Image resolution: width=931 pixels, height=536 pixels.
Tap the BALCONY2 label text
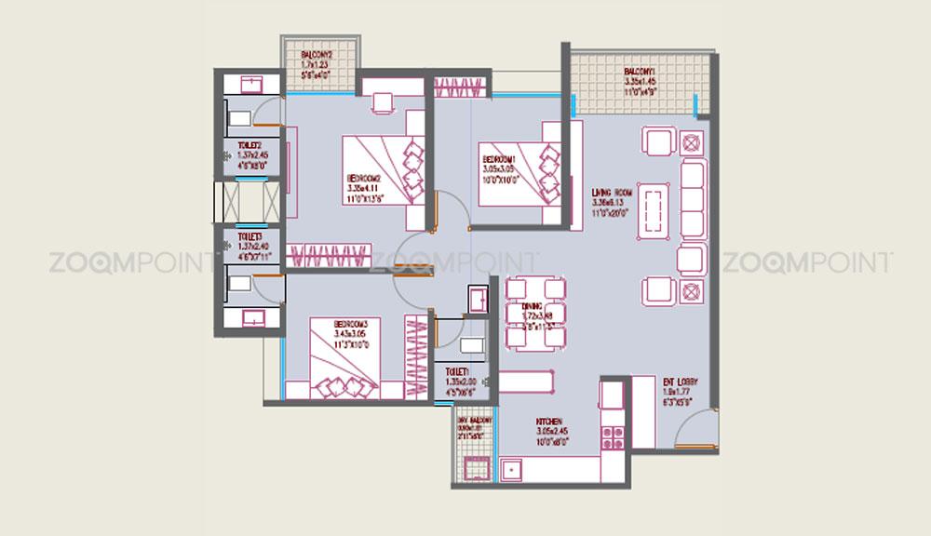(317, 55)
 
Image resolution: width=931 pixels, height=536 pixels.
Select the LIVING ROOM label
(612, 194)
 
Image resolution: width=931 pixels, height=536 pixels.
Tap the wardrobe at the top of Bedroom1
(459, 87)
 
